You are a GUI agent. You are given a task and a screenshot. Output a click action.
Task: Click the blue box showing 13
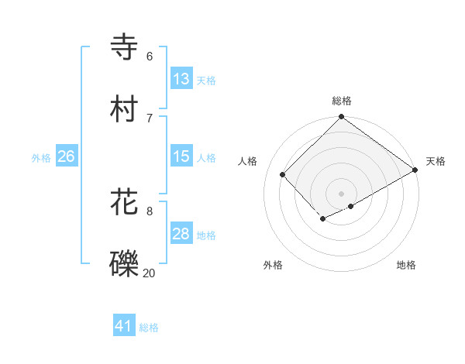tap(181, 79)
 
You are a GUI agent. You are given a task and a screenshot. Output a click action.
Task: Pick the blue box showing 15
tap(181, 156)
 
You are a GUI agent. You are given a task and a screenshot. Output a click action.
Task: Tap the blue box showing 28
tap(181, 234)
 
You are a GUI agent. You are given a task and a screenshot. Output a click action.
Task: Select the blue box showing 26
tap(66, 156)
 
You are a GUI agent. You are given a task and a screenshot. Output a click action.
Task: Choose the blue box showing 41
tap(124, 327)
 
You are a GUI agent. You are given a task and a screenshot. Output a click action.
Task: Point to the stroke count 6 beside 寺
tap(150, 56)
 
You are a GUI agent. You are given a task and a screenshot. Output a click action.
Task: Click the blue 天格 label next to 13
tap(206, 81)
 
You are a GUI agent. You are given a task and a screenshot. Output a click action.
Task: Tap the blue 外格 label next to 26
tap(41, 158)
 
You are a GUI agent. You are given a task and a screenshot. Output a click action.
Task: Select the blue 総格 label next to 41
tap(149, 328)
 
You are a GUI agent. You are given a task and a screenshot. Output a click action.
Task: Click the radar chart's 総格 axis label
tap(342, 101)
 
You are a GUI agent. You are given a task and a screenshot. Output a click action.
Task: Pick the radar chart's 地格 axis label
tap(406, 266)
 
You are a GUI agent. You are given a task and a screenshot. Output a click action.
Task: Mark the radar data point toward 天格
tap(415, 170)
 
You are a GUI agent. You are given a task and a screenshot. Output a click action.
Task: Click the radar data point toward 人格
tap(283, 174)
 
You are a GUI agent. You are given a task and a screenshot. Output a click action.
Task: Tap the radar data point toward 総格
tap(341, 118)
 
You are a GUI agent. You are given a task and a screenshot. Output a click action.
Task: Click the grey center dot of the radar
tap(341, 193)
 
